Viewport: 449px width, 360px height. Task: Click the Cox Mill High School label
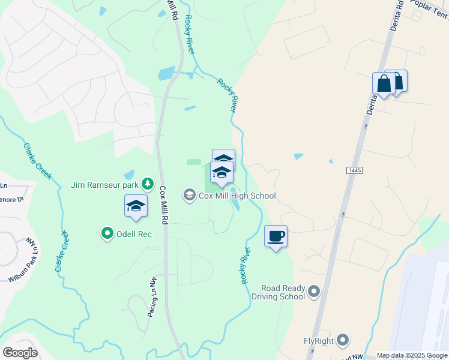238,196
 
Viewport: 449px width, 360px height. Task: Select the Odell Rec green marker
108,233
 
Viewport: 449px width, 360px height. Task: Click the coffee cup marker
276,236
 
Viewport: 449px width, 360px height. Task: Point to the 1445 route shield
355,171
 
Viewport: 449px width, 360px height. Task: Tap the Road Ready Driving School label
278,293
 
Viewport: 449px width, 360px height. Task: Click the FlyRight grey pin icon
343,341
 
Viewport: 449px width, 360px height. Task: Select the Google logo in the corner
20,353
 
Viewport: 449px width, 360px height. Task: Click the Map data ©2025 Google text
412,355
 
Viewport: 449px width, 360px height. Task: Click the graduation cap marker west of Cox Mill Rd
136,206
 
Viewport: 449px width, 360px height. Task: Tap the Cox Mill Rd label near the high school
164,203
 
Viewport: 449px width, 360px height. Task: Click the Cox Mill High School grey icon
190,195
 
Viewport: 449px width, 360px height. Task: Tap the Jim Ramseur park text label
106,184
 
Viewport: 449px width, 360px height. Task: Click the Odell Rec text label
135,233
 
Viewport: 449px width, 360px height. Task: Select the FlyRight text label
318,341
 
